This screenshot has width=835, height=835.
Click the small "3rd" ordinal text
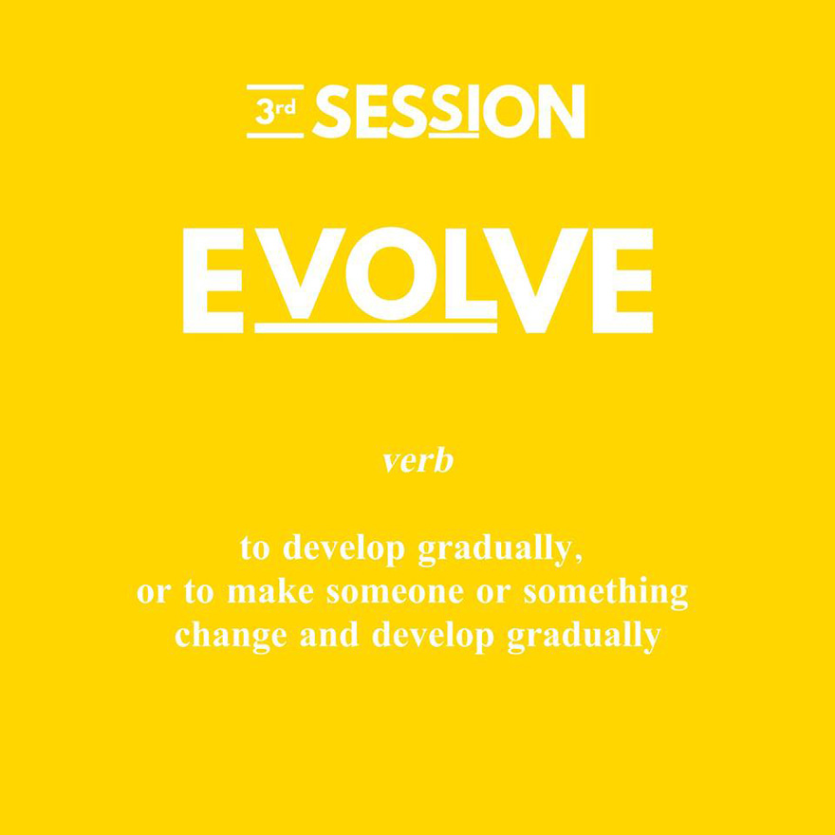(x=275, y=111)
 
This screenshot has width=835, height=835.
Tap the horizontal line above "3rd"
(x=275, y=86)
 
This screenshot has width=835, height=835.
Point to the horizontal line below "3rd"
(x=275, y=136)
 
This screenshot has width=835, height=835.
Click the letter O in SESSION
(x=510, y=111)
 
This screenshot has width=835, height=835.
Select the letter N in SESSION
(x=562, y=111)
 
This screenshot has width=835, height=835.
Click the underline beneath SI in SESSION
(x=454, y=136)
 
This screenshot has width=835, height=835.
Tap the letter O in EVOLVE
(x=391, y=273)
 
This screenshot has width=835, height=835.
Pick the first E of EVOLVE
(x=213, y=281)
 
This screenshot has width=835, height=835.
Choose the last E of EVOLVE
(x=622, y=281)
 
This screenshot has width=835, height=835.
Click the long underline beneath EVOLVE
(x=376, y=327)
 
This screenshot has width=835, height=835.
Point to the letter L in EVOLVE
(x=472, y=273)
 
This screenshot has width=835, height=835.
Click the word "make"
(x=270, y=592)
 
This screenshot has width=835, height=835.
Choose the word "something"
(x=606, y=593)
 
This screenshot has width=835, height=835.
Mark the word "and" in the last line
(x=329, y=635)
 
